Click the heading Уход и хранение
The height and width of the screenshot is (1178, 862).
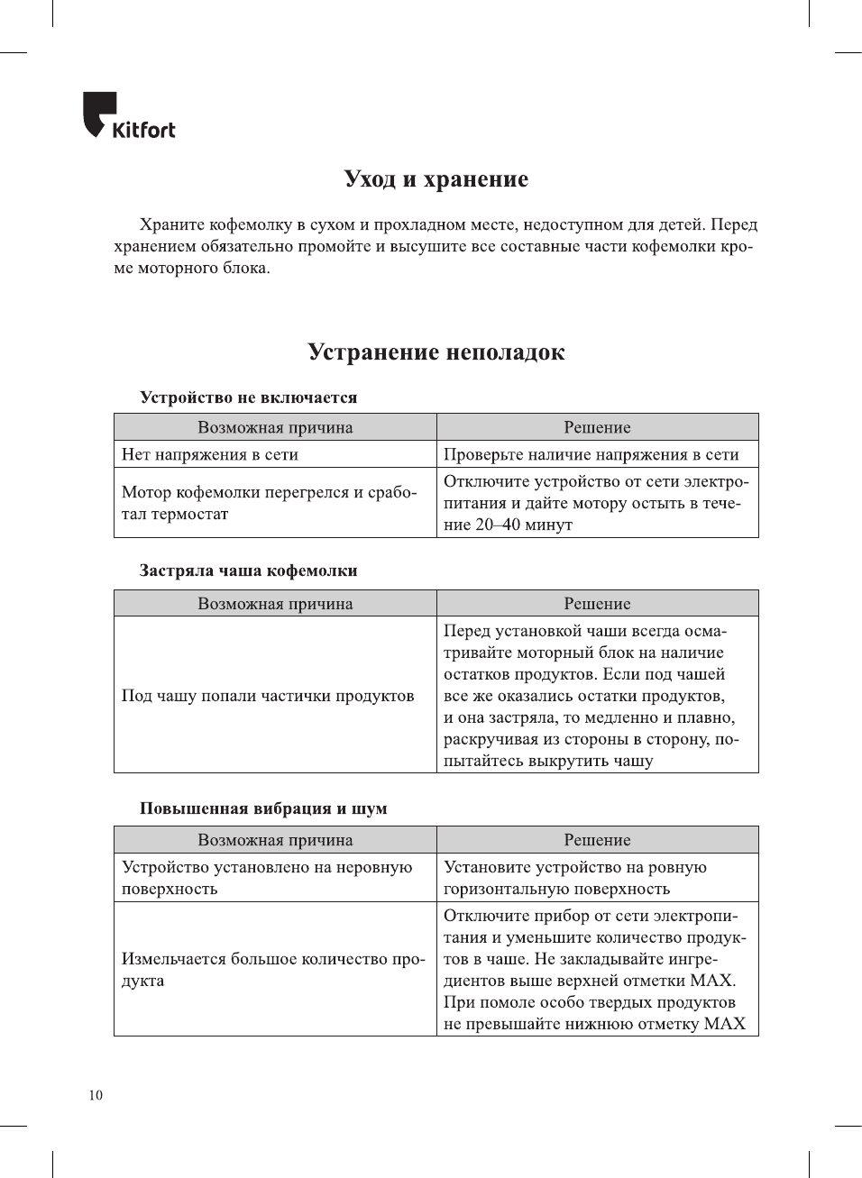tap(436, 178)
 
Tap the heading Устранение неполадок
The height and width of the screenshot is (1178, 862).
tap(436, 352)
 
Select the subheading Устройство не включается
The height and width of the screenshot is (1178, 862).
tap(248, 397)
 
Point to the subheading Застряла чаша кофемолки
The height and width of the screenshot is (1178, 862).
tap(248, 571)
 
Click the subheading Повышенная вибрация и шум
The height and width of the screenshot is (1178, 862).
tap(263, 808)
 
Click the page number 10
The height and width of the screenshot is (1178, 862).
tap(96, 1095)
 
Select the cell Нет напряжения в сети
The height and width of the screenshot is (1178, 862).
tap(210, 454)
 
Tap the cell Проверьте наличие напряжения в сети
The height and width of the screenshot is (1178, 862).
tap(591, 454)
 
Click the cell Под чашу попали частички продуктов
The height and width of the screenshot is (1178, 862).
tap(268, 696)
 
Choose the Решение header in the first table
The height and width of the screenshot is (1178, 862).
tap(597, 427)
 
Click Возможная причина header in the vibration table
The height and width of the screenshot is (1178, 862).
tap(275, 840)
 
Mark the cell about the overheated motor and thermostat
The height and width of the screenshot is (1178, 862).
tap(269, 503)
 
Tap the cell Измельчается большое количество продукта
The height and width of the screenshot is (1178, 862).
tap(272, 970)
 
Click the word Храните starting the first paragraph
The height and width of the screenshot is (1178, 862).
tap(171, 224)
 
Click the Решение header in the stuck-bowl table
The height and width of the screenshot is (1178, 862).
tap(597, 604)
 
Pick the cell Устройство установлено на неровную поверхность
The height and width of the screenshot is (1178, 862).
tap(266, 878)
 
